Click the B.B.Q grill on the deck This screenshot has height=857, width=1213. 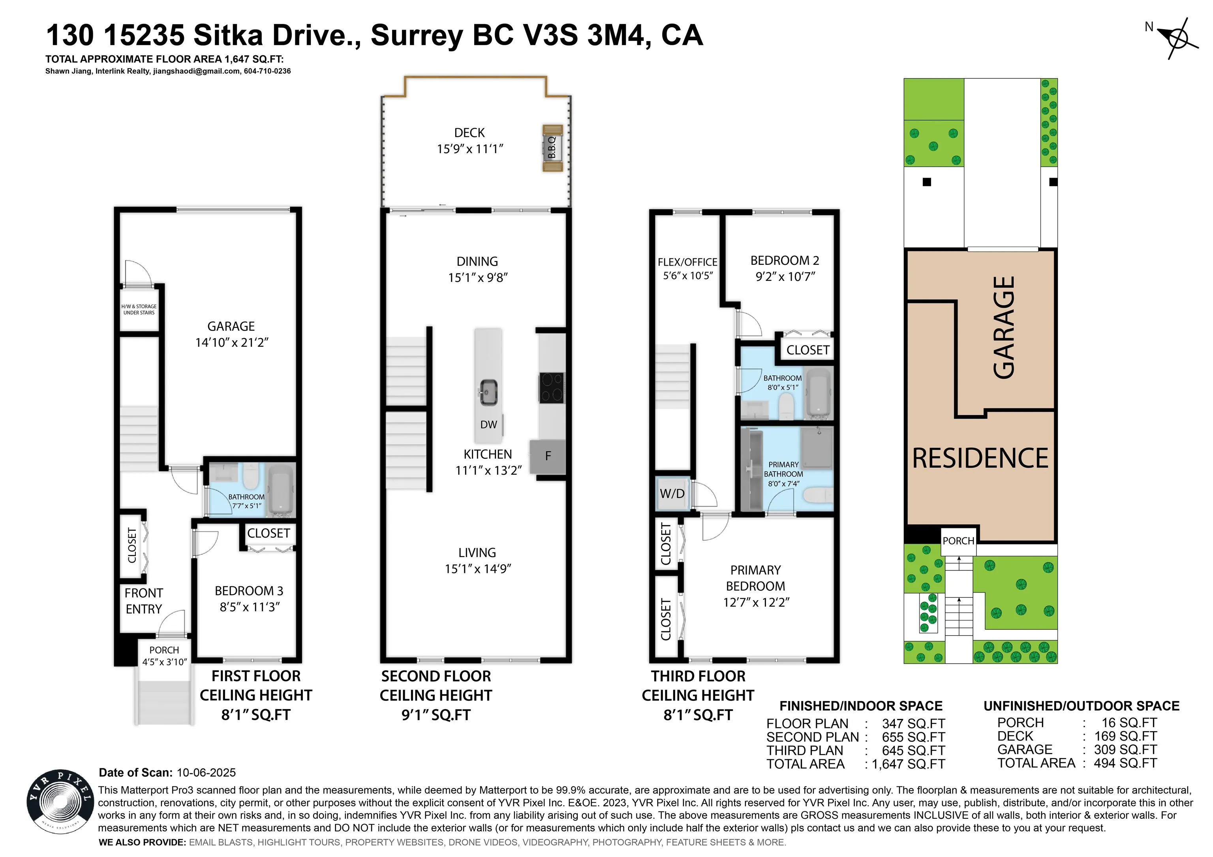click(552, 148)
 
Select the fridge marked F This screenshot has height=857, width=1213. click(548, 456)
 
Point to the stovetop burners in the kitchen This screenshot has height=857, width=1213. click(552, 388)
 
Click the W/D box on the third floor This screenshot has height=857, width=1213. click(672, 494)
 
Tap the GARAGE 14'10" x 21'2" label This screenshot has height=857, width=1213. click(231, 334)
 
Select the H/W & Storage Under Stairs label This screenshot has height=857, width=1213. click(139, 309)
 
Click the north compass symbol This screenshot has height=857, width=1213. click(1177, 38)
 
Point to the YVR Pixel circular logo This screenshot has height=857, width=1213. click(59, 801)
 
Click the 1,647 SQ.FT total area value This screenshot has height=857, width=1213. click(908, 764)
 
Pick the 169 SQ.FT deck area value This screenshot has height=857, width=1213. click(1125, 736)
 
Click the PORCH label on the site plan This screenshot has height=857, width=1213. click(958, 541)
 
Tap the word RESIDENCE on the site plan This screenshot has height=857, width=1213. click(980, 458)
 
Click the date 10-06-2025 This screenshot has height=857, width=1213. click(206, 773)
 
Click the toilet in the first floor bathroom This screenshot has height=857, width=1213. click(250, 476)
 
